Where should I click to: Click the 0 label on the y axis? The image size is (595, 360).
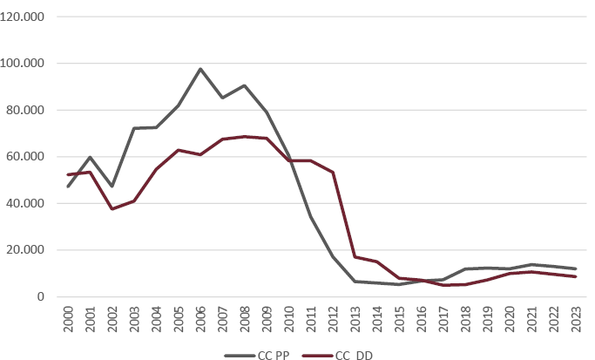tap(39, 297)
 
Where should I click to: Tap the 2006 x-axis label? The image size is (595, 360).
tap(200, 318)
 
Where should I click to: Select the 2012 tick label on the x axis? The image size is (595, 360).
tap(334, 318)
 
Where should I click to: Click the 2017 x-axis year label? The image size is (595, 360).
tap(444, 318)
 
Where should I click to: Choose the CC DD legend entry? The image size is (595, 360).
tap(348, 352)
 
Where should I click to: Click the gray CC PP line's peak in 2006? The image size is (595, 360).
tap(200, 69)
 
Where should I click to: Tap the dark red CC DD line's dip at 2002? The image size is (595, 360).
tap(112, 209)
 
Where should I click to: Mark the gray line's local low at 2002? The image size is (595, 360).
tap(112, 187)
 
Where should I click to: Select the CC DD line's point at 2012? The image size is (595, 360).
tap(334, 173)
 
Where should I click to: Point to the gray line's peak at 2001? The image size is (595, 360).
tap(90, 157)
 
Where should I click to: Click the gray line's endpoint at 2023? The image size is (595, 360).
tap(576, 268)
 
